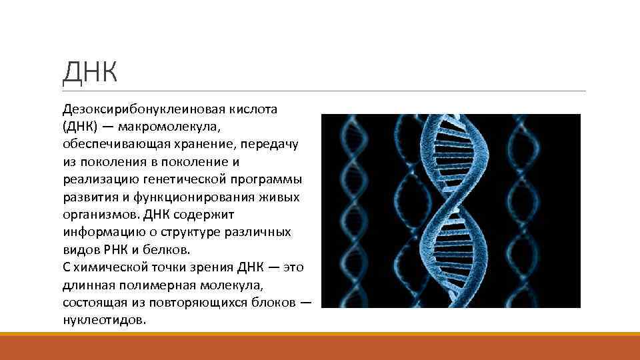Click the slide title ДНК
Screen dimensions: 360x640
coord(90,71)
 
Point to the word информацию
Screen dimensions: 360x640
coord(100,233)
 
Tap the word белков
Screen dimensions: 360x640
coord(167,251)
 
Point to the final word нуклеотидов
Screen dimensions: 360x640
coord(103,321)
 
